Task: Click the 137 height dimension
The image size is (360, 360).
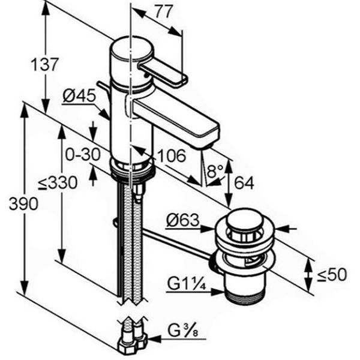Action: coord(44,65)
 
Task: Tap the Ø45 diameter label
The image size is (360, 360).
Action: coord(79,95)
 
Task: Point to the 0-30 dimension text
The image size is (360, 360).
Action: coord(83,155)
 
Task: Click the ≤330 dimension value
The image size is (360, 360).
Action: coord(58,183)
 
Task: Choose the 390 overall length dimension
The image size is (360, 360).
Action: coord(23,203)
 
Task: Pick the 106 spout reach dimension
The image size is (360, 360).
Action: coord(172,155)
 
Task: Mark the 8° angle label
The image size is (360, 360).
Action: coord(214,171)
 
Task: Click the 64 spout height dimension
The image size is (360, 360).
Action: coord(244,183)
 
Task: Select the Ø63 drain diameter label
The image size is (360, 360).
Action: coord(183,220)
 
